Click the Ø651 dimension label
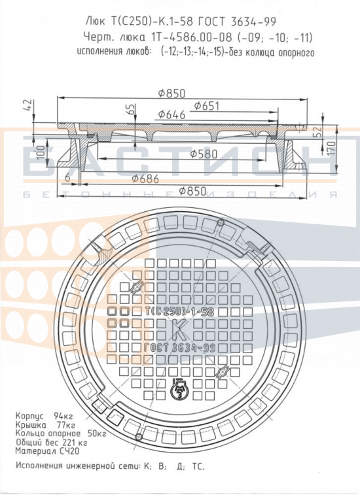pos(206,106)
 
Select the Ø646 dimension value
pos(172,114)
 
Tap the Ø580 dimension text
pos(204,154)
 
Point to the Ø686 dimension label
pos(145,179)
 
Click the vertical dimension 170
pos(331,148)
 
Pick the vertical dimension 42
pos(27,105)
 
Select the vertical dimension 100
pos(41,152)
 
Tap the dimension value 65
pos(130,109)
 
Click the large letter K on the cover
pos(179,329)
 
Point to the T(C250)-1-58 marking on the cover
pos(179,312)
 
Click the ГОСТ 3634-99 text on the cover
pos(179,348)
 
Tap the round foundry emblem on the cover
pos(179,389)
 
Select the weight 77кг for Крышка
pos(66,425)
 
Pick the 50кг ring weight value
pos(97,434)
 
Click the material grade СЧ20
pos(69,451)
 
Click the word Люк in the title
pos(96,22)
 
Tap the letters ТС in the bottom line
pos(198,466)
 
